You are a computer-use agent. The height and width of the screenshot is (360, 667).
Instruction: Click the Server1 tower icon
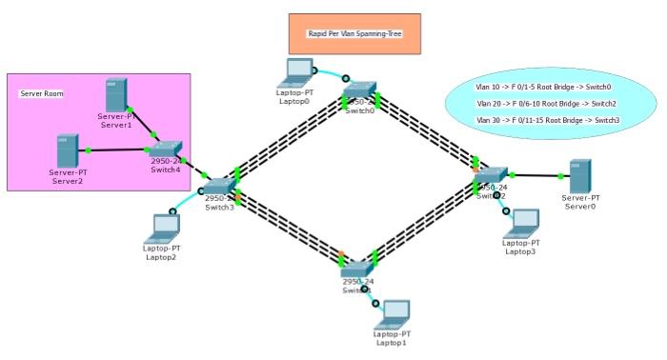tap(116, 93)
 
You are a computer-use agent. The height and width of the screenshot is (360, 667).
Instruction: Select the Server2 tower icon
tap(68, 150)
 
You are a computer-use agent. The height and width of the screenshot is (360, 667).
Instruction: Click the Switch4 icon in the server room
tap(165, 148)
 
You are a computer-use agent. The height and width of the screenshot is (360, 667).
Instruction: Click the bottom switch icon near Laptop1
tap(358, 270)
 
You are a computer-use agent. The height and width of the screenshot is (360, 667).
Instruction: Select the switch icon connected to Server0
tap(492, 175)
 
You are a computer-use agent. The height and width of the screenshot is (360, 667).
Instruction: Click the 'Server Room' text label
tap(41, 94)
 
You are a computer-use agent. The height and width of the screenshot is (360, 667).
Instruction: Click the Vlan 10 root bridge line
tap(543, 87)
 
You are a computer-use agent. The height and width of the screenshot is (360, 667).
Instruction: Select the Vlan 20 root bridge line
tap(546, 103)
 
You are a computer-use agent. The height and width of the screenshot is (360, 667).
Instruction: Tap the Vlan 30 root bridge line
tap(547, 120)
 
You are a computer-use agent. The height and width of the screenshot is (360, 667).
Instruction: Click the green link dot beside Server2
tap(88, 150)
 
